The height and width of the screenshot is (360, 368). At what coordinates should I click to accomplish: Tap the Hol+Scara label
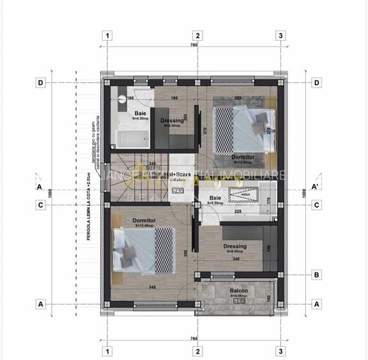pos(175,174)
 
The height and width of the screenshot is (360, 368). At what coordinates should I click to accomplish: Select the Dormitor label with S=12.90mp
pos(243,157)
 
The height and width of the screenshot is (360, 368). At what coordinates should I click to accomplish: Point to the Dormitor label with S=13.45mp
pos(144,220)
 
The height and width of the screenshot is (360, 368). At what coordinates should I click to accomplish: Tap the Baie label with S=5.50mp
pos(215,198)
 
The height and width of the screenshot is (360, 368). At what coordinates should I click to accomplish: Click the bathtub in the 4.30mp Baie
pos(133,137)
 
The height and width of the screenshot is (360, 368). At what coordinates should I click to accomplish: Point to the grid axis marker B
pos(316,276)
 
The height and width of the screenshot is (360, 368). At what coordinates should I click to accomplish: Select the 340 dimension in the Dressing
pos(236,259)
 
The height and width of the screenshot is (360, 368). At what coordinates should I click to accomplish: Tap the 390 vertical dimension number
pos(186,253)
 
